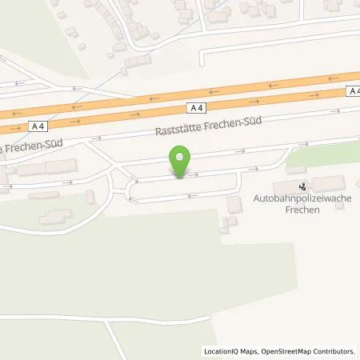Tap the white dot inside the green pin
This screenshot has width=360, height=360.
pos(181,157)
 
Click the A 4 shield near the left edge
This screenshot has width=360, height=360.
pos(36,126)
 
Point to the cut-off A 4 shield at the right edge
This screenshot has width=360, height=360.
pos(354,92)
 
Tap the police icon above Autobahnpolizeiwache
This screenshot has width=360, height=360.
pos(302,186)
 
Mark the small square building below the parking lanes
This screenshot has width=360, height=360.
pos(234,205)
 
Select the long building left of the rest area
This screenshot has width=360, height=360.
pos(48,169)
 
